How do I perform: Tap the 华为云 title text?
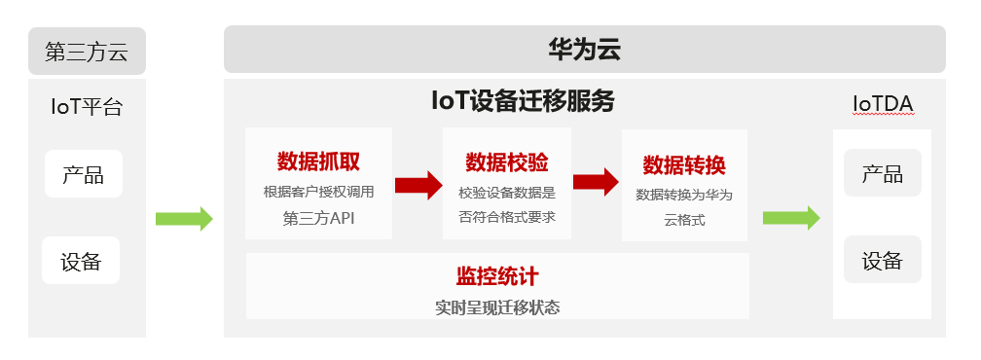click(x=584, y=50)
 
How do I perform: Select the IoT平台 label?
click(x=87, y=106)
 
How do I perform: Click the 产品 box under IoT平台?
click(x=83, y=175)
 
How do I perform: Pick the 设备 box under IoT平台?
click(x=81, y=261)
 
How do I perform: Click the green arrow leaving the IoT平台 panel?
click(x=184, y=219)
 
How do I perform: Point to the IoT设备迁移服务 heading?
click(x=523, y=101)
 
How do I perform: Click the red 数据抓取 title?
click(x=319, y=161)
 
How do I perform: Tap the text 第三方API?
click(x=319, y=217)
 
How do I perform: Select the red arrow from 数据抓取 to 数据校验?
click(x=418, y=185)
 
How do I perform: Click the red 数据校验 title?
click(x=506, y=161)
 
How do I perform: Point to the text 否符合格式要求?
click(x=506, y=217)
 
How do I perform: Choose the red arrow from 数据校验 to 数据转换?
click(x=596, y=182)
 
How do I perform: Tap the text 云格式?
click(x=683, y=221)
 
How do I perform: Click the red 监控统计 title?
click(x=497, y=276)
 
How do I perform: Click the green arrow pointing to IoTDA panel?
click(x=790, y=218)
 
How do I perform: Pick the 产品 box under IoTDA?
click(x=882, y=173)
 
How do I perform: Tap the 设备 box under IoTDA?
click(x=882, y=260)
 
